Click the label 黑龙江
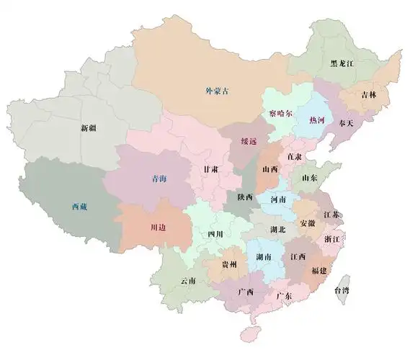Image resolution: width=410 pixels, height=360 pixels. [x=342, y=63]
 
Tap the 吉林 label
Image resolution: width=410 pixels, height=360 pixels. [x=368, y=94]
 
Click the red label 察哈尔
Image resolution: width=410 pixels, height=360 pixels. [x=277, y=114]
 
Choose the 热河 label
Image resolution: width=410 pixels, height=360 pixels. [x=316, y=120]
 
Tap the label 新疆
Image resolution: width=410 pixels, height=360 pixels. [x=89, y=128]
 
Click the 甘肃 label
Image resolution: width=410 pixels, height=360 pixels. [x=211, y=168]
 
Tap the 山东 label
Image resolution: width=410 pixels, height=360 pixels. [x=310, y=177]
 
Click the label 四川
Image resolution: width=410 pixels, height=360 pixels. [x=215, y=234]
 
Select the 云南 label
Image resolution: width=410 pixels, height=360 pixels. [x=188, y=280]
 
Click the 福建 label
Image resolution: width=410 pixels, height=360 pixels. [x=318, y=271]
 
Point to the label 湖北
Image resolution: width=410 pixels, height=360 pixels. [x=277, y=230]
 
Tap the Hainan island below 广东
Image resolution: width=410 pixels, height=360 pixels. [x=251, y=333]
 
